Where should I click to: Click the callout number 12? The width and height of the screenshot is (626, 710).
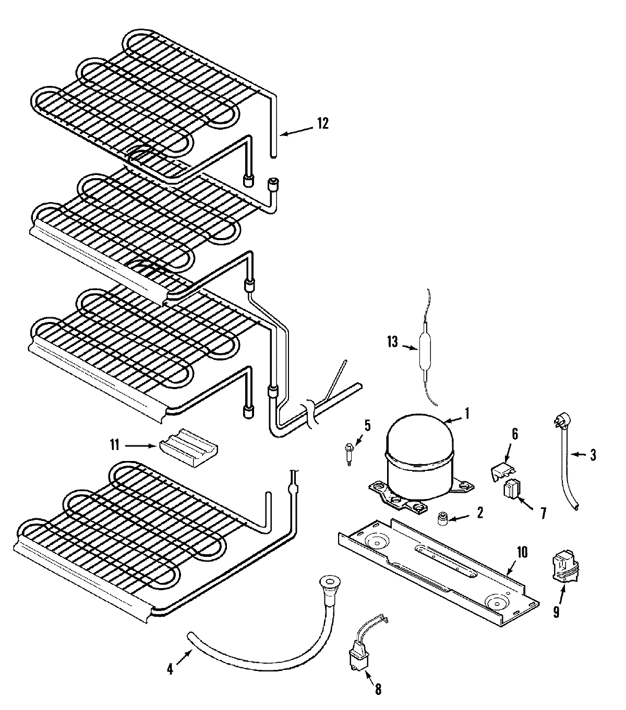pos(322,123)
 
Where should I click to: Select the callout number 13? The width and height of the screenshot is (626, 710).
pos(392,342)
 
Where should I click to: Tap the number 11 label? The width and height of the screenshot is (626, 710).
pos(114,445)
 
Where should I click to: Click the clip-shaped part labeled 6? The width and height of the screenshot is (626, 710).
pos(502,471)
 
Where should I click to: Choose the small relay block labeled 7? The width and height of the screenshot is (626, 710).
pos(512,490)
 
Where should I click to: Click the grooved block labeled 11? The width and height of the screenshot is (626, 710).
pos(188,447)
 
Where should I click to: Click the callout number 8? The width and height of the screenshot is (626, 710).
pos(377,689)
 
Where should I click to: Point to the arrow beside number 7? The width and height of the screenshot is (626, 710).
pos(529,505)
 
